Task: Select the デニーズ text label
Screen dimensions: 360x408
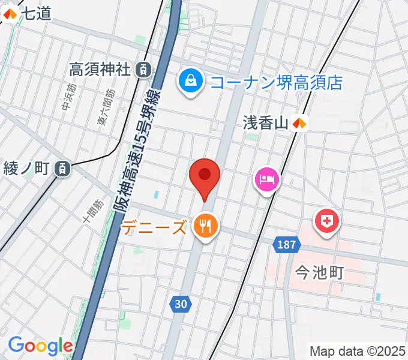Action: pyautogui.click(x=154, y=227)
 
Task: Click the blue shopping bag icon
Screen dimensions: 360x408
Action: pyautogui.click(x=190, y=81)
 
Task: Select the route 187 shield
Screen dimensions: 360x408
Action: pyautogui.click(x=287, y=245)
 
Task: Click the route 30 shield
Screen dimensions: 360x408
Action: pyautogui.click(x=181, y=304)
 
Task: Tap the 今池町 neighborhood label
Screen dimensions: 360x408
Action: pyautogui.click(x=319, y=274)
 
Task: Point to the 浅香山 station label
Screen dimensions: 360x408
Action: pyautogui.click(x=266, y=124)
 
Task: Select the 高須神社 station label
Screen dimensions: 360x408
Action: pyautogui.click(x=100, y=70)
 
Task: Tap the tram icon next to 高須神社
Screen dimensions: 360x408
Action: pyautogui.click(x=143, y=70)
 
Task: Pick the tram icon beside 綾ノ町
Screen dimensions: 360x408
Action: pyautogui.click(x=61, y=169)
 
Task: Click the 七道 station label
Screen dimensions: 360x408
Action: pyautogui.click(x=35, y=14)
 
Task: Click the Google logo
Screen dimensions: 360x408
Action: pyautogui.click(x=40, y=346)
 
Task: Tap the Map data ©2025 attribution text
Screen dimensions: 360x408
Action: pyautogui.click(x=358, y=351)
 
